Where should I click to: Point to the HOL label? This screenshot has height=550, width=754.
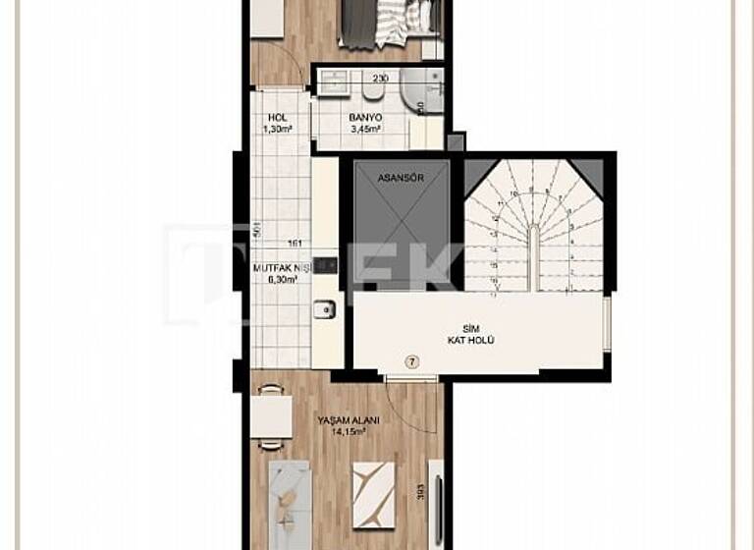(277, 117)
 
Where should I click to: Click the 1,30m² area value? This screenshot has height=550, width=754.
(279, 128)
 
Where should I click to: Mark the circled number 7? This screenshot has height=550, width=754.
(412, 361)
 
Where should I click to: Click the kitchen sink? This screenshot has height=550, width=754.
(324, 309)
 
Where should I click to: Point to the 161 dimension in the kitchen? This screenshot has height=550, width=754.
(295, 245)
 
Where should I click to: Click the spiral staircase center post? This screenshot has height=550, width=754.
(532, 257)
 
